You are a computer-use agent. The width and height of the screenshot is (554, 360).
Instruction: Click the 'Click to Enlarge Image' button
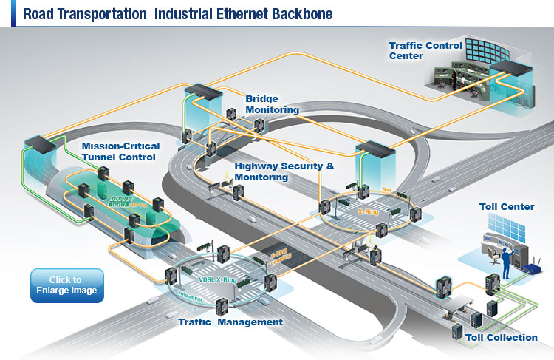[x=66, y=285]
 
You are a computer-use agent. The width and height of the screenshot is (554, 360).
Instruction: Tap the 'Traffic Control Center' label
[x=426, y=50]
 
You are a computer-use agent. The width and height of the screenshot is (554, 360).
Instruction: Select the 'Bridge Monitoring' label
[x=272, y=103]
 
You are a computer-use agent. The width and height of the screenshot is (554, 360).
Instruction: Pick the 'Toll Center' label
[x=507, y=207]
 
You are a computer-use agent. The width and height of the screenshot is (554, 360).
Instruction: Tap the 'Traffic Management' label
[x=230, y=322]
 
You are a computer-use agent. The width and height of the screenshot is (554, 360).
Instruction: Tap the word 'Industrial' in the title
[x=177, y=13]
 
